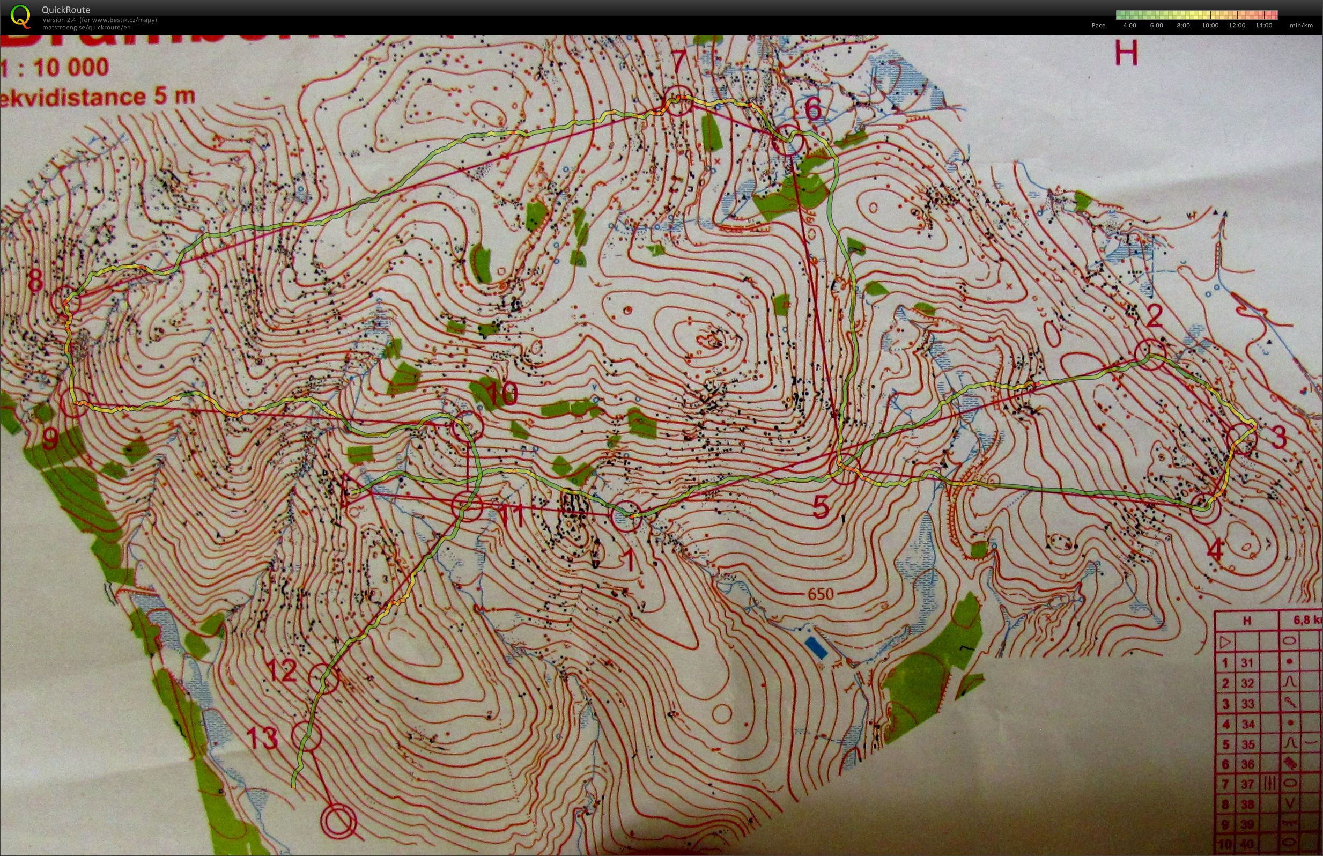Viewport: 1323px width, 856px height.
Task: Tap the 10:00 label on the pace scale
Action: [1210, 26]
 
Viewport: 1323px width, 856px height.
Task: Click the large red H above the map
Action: [1127, 55]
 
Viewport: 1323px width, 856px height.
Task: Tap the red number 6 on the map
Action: [812, 110]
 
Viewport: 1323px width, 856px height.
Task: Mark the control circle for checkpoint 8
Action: [66, 302]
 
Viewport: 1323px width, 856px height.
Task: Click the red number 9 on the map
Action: [50, 440]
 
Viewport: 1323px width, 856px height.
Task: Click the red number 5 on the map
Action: [821, 507]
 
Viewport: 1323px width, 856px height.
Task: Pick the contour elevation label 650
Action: [821, 594]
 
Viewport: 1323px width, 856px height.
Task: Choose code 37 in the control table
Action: [1248, 784]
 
